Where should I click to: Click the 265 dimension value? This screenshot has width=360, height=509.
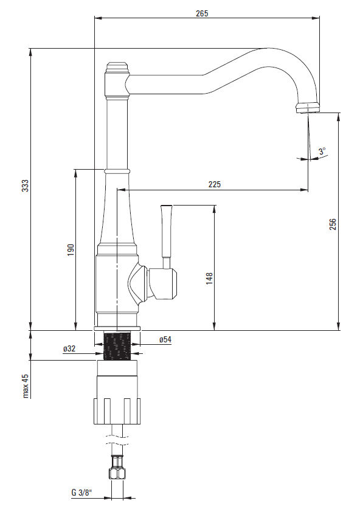coord(202,13)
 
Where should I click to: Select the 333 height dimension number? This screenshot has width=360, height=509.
coord(26,185)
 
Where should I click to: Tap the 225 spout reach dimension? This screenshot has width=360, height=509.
coord(214,184)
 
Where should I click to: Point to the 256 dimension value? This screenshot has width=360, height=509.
coord(333,224)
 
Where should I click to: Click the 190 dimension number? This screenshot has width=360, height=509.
coord(71,249)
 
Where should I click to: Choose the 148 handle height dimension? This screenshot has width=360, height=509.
coord(209,279)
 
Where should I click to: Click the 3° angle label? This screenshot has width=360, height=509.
coord(322,151)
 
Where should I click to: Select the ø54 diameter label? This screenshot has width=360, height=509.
coord(165,339)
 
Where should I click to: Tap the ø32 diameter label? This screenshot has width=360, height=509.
coord(69,348)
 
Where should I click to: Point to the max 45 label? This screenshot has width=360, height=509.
coord(26,386)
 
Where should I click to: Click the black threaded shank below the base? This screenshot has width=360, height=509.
coord(117,345)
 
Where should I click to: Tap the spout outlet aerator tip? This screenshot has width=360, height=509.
coord(308,108)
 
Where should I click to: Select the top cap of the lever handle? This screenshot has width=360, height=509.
coord(166,206)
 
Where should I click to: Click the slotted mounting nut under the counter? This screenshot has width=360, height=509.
coord(117,410)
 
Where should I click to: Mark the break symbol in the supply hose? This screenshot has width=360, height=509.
coord(117,440)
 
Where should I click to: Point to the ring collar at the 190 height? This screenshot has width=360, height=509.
coord(117,171)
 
